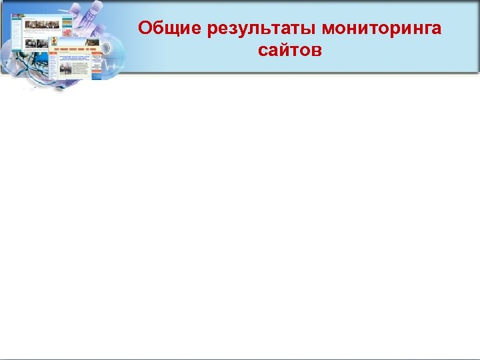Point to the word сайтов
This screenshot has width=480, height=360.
[x=289, y=50]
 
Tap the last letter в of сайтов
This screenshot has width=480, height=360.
[x=316, y=51]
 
